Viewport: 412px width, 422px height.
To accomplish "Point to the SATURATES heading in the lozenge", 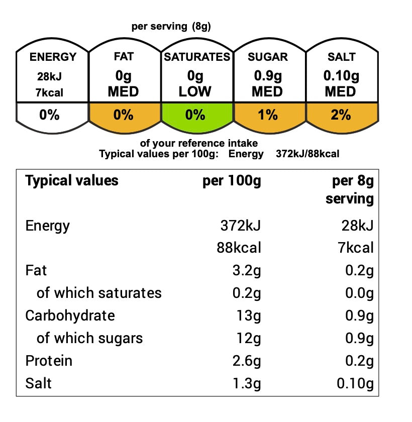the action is pyautogui.click(x=197, y=57).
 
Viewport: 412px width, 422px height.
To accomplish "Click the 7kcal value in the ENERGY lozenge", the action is pyautogui.click(x=50, y=92).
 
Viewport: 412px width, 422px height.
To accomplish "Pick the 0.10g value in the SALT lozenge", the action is pyautogui.click(x=341, y=76).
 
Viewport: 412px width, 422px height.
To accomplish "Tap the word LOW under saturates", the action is pyautogui.click(x=195, y=91).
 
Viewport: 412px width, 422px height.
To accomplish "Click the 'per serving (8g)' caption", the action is pyautogui.click(x=171, y=26).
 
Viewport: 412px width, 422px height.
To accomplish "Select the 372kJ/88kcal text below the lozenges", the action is pyautogui.click(x=307, y=154).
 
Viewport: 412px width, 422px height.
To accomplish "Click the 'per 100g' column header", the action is pyautogui.click(x=232, y=180).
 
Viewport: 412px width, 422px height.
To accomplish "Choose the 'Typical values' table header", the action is pyautogui.click(x=72, y=180).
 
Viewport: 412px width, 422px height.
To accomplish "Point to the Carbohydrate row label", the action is pyautogui.click(x=70, y=315).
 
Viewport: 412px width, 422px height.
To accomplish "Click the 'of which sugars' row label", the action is pyautogui.click(x=89, y=338).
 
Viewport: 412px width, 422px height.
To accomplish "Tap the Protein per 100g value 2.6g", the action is pyautogui.click(x=247, y=361).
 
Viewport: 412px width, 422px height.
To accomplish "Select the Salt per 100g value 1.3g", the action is pyautogui.click(x=247, y=383).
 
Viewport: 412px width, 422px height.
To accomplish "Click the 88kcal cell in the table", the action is pyautogui.click(x=239, y=248).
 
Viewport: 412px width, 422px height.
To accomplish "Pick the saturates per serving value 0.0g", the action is pyautogui.click(x=360, y=293).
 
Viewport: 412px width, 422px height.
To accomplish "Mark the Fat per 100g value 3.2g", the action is pyautogui.click(x=247, y=270).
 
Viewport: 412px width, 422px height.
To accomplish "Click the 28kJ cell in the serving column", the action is pyautogui.click(x=358, y=226).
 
